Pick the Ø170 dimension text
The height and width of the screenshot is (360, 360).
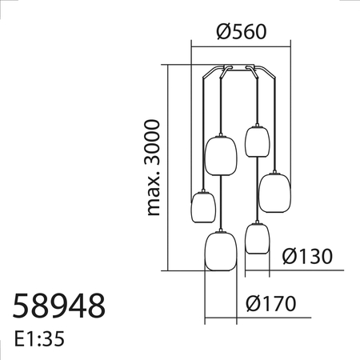pyautogui.click(x=271, y=305)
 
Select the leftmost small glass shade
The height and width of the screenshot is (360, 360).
pyautogui.click(x=203, y=208)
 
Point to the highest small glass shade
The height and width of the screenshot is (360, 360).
pyautogui.click(x=255, y=141)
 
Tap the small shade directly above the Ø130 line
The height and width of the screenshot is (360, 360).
pyautogui.click(x=256, y=238)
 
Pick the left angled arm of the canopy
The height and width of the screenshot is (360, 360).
pyautogui.click(x=210, y=73)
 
